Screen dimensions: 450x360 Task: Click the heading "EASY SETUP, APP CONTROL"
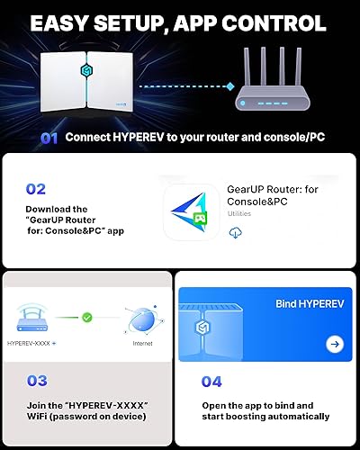pyautogui.click(x=180, y=22)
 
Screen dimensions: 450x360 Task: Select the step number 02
pyautogui.click(x=37, y=190)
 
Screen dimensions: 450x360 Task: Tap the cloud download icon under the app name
pyautogui.click(x=237, y=232)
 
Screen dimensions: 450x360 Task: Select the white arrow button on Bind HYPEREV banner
pyautogui.click(x=335, y=344)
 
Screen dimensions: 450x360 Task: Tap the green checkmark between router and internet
pyautogui.click(x=88, y=317)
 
